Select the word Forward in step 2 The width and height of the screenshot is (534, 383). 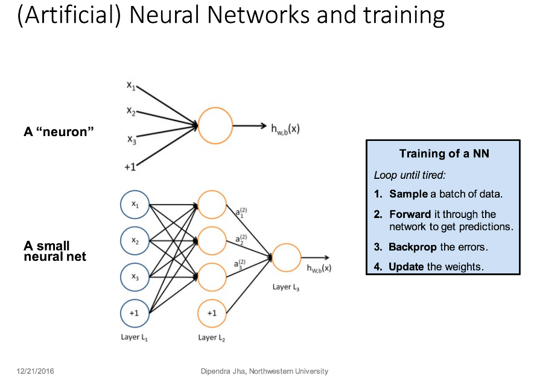[x=410, y=214]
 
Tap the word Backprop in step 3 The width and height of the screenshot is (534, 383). [x=412, y=247]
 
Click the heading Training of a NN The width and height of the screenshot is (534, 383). [x=443, y=154]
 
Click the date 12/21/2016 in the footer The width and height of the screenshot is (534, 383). [x=35, y=371]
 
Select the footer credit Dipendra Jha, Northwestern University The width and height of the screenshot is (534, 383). [x=264, y=371]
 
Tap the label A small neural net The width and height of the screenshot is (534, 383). [x=54, y=251]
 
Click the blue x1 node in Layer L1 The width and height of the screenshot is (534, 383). [x=135, y=205]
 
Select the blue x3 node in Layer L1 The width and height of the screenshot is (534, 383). [x=135, y=276]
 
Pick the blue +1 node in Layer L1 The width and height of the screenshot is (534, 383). [x=135, y=313]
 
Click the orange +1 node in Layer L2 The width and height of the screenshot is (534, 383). [x=212, y=313]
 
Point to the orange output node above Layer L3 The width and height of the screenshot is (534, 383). [x=286, y=258]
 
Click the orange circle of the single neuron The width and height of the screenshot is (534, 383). [x=215, y=126]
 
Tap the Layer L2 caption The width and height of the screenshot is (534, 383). [x=212, y=338]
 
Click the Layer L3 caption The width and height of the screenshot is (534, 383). [x=286, y=287]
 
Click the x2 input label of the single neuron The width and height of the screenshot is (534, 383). [x=131, y=111]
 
